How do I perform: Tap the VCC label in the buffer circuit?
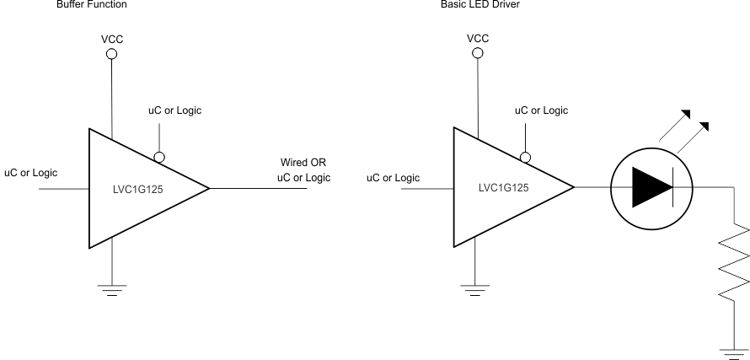(111, 39)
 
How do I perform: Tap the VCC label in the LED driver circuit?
(478, 39)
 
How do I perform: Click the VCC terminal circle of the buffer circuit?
(111, 54)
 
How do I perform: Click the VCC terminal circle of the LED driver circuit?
(478, 54)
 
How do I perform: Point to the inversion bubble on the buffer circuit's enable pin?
(158, 157)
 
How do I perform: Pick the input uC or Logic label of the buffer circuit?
(31, 173)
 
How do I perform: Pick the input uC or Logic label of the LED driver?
(393, 177)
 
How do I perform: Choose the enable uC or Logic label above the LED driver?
(541, 110)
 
